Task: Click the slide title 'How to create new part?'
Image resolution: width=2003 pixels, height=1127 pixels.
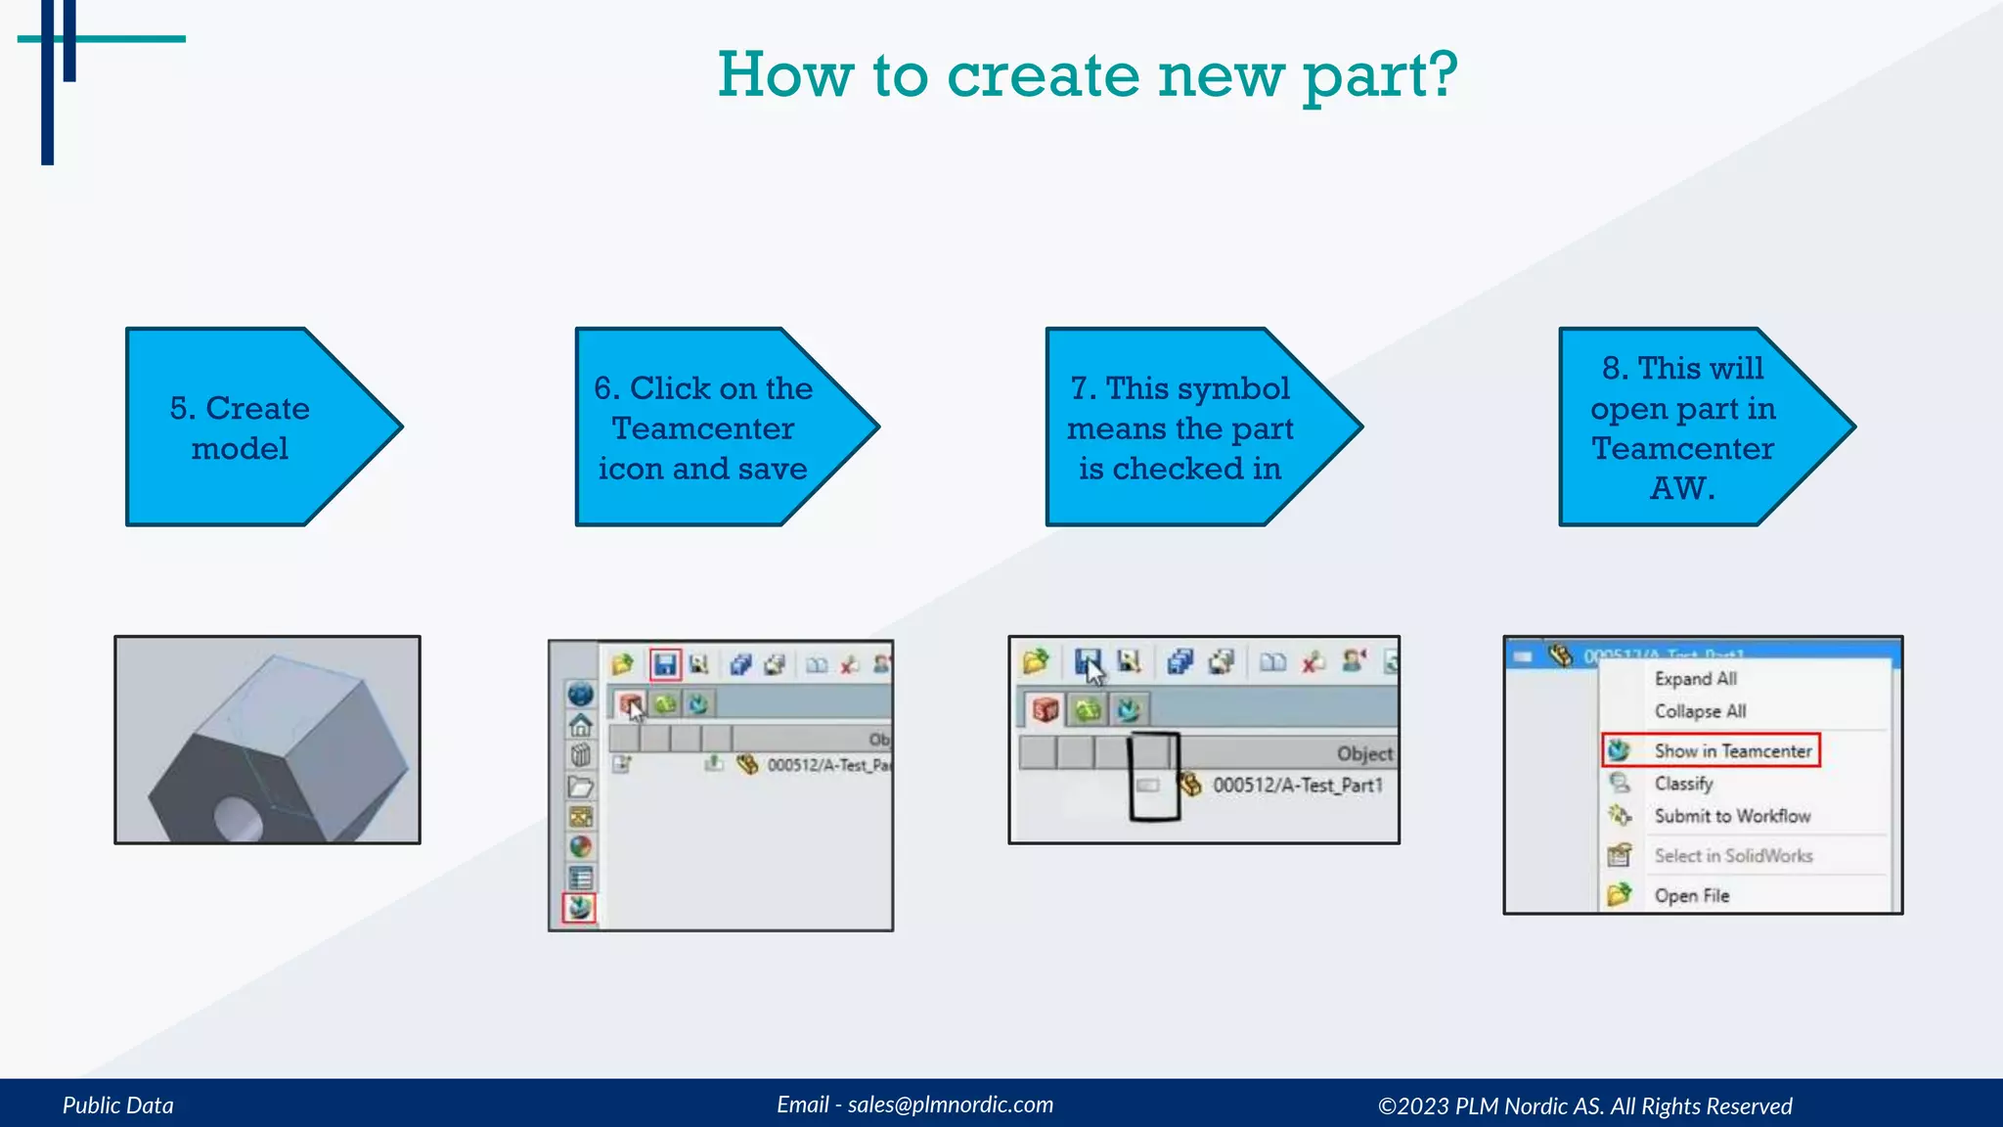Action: coord(1087,74)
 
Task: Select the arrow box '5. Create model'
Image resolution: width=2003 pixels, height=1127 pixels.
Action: coord(240,428)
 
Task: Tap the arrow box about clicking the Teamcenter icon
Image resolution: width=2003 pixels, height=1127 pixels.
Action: coord(702,428)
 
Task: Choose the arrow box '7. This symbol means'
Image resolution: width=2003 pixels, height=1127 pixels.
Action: coord(1180,428)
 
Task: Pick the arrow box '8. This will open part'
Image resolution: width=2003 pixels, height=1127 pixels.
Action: coord(1682,428)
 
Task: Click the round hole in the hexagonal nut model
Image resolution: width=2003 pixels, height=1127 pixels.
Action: coord(238,819)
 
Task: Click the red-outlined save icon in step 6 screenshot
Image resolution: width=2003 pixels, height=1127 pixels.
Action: coord(665,665)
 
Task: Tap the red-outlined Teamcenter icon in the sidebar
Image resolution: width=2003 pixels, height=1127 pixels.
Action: coord(580,908)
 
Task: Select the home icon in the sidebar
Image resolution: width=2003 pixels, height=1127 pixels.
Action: coord(581,725)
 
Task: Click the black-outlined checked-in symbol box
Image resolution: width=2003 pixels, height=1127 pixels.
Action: coord(1154,777)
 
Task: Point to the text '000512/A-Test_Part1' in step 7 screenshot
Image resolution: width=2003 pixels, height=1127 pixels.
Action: coord(1298,785)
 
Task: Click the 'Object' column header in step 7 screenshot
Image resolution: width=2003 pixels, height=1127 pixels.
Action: coord(1364,753)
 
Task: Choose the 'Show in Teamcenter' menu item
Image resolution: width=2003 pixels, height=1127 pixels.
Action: coord(1732,750)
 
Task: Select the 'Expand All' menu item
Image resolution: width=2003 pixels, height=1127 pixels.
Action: coord(1695,678)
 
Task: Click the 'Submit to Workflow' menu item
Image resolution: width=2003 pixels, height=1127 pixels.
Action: coord(1731,816)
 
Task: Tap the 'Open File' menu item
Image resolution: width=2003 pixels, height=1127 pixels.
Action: coord(1691,895)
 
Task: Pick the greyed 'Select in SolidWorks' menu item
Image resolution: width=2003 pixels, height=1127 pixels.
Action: coord(1732,855)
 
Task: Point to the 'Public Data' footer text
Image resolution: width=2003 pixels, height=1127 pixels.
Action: coord(118,1105)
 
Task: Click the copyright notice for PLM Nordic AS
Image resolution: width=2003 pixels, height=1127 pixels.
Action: coord(1584,1105)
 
